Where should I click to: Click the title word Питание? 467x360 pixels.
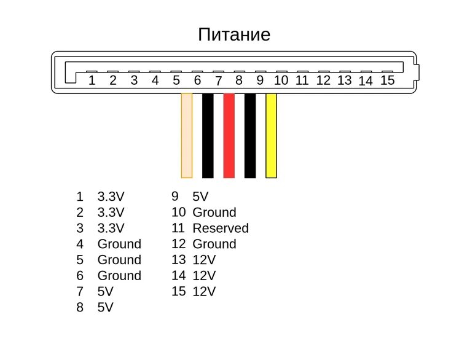(x=234, y=34)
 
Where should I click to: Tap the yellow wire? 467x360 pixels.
(x=271, y=135)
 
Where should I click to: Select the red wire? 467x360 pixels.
(x=229, y=135)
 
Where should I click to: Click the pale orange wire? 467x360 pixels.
(x=187, y=135)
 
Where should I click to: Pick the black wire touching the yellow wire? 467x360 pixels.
(x=250, y=135)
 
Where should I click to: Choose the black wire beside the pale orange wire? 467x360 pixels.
(x=208, y=135)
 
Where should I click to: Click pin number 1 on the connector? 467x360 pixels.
(x=92, y=80)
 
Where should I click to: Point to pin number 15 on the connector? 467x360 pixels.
(x=387, y=80)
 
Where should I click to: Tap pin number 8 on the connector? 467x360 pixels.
(x=239, y=80)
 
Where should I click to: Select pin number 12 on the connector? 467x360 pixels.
(x=323, y=80)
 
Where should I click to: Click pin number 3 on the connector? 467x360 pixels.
(x=134, y=80)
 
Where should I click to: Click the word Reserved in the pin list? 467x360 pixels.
(x=221, y=229)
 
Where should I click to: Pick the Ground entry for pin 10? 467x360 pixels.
(x=214, y=213)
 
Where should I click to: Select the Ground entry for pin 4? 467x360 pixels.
(x=119, y=244)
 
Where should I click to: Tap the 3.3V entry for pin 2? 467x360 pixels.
(x=111, y=213)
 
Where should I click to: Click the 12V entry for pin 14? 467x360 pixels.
(x=204, y=276)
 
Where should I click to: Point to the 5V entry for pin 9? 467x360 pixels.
(x=200, y=197)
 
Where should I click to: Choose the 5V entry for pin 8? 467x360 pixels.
(x=106, y=307)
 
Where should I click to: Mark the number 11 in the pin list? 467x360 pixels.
(x=178, y=229)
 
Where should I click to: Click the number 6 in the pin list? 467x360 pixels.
(x=80, y=276)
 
